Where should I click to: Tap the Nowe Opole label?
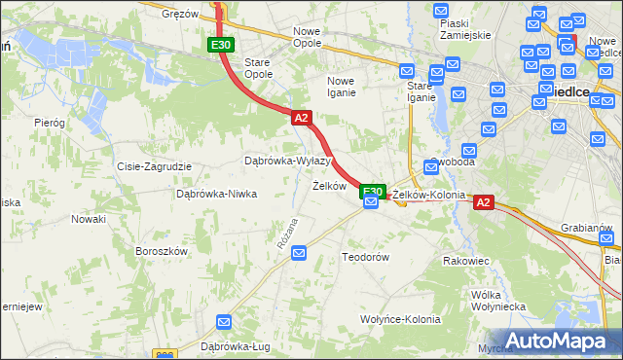[x=313, y=37]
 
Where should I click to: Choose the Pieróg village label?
[x=49, y=123]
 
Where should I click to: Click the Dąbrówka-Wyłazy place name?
[x=287, y=161]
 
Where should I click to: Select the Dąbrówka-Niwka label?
[x=216, y=194]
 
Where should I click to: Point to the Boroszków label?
[x=162, y=251]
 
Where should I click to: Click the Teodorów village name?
[x=365, y=257]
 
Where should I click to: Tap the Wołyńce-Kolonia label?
[x=400, y=319]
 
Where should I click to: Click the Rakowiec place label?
[x=465, y=261]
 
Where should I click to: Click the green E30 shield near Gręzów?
[x=221, y=45]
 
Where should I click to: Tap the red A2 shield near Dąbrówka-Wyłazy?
[x=301, y=118]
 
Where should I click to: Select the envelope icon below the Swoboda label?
[x=431, y=168]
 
